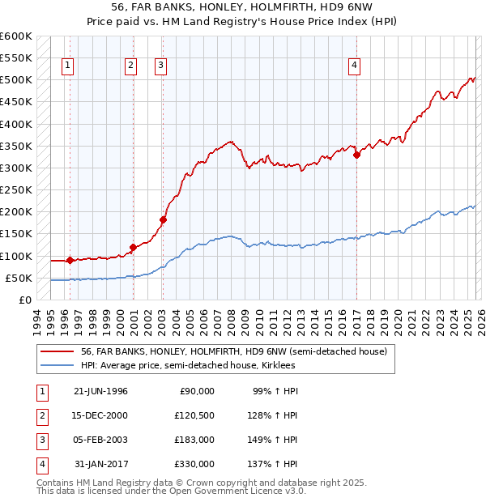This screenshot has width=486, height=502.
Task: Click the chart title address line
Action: click(x=242, y=9)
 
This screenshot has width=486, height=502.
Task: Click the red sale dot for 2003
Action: click(x=163, y=219)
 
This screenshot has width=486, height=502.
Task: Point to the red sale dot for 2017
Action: click(x=356, y=155)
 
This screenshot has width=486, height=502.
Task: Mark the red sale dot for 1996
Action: click(x=70, y=261)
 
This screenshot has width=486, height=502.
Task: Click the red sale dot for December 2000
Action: click(x=132, y=247)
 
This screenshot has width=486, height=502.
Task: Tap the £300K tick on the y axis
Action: click(x=16, y=168)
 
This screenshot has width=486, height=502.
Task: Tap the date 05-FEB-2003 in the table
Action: click(x=100, y=440)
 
